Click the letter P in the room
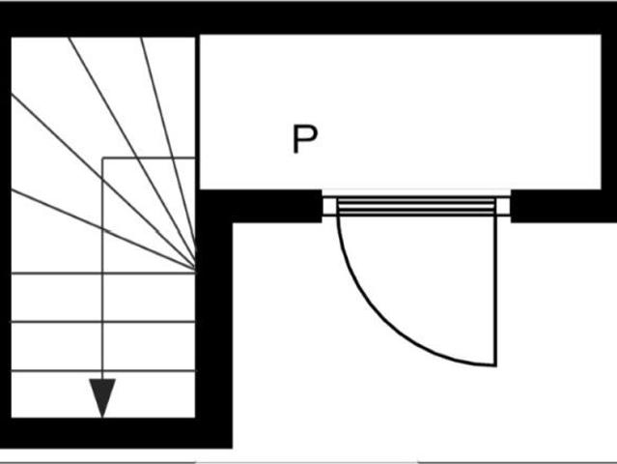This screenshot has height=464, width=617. pos(305,139)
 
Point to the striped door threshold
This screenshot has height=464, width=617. pos(416,207)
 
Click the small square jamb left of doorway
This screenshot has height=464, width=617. pos(330,206)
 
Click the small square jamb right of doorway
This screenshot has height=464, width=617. pos(503,206)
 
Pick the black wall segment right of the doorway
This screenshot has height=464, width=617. pos(564,206)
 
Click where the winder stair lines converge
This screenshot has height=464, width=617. pos(195,269)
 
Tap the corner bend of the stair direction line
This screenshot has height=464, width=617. pos(103,159)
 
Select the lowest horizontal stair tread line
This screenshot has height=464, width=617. pos(103,370)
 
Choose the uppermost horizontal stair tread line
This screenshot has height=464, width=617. pos(103,273)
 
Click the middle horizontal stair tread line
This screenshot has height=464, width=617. pos(103,322)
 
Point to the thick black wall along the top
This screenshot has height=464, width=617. pos(309,17)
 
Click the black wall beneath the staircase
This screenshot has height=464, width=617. pos(116,433)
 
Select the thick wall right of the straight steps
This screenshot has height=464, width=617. pos(213,319)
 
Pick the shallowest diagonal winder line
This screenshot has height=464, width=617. pos(103,230)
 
